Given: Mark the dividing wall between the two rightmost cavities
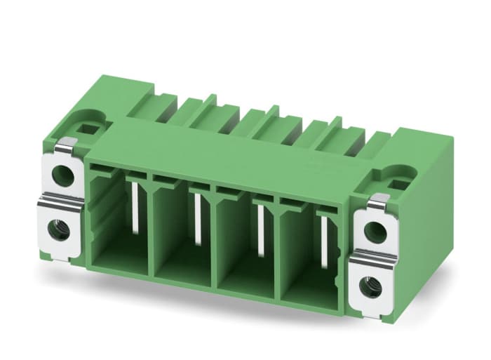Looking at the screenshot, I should (x=278, y=253).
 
